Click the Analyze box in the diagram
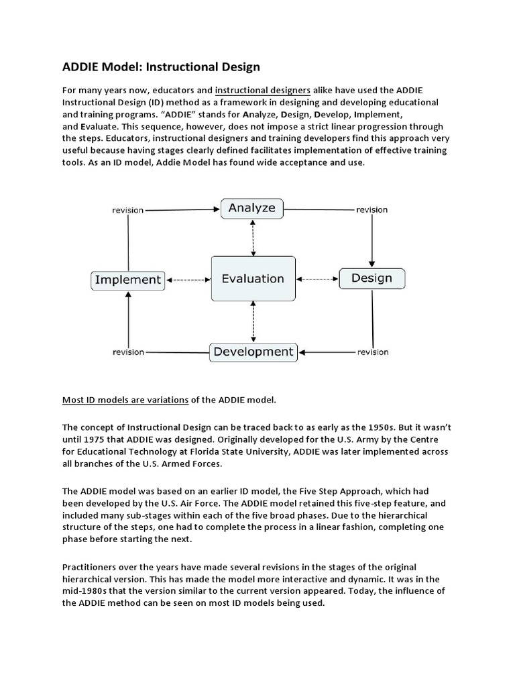click(x=252, y=208)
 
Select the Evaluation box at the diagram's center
click(x=253, y=279)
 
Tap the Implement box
click(x=128, y=280)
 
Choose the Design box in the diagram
click(x=371, y=278)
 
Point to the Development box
click(x=253, y=352)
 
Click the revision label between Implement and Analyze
click(x=127, y=210)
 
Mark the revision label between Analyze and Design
click(x=371, y=210)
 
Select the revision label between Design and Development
click(x=372, y=352)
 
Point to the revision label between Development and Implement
click(x=128, y=352)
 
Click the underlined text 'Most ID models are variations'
click(x=125, y=400)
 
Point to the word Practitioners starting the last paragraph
click(x=93, y=568)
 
